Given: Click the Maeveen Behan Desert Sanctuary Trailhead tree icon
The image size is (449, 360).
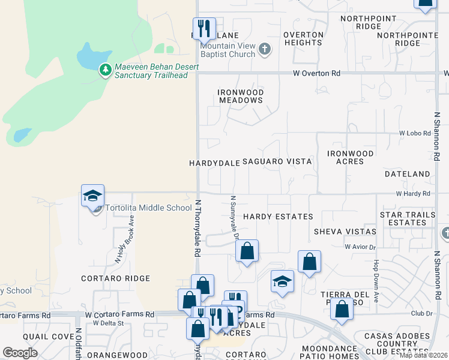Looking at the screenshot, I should [x=106, y=70].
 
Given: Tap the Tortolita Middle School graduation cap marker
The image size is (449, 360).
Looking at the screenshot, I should [x=93, y=196].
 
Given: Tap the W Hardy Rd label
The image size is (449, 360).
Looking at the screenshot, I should [x=413, y=194].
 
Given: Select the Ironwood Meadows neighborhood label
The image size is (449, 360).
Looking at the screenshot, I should [x=241, y=96].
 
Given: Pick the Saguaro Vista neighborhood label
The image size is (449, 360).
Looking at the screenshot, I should [x=277, y=162].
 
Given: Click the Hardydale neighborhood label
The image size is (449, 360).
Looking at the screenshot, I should [x=214, y=163].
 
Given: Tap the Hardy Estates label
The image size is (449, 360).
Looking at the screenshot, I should [x=278, y=216].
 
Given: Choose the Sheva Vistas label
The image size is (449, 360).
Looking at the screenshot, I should [x=345, y=232].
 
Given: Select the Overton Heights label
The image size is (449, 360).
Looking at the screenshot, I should [x=303, y=38].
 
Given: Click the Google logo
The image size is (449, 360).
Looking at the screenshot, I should [x=20, y=353].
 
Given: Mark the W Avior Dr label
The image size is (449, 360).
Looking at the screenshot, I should [x=360, y=247].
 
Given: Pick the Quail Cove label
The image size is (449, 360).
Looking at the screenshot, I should [x=43, y=337].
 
